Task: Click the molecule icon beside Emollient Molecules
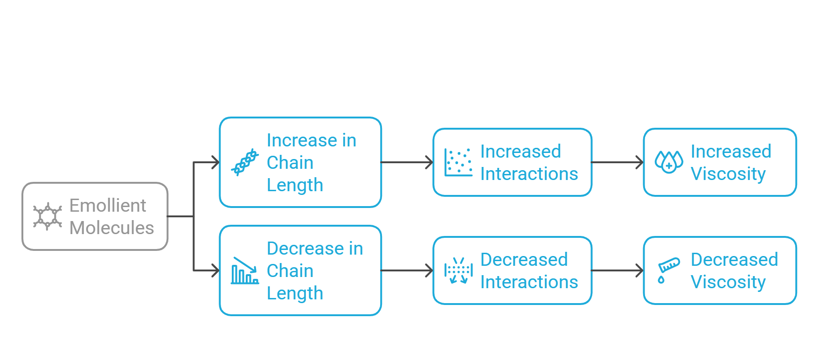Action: (47, 216)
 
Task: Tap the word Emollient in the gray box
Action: (108, 205)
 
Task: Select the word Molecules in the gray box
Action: (111, 228)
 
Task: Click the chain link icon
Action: (245, 162)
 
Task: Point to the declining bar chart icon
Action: (245, 270)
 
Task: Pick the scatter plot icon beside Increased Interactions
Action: (458, 162)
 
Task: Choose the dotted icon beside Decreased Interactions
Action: (458, 270)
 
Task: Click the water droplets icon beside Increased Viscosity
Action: (669, 162)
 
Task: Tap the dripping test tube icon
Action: (669, 270)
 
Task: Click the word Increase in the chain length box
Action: (302, 140)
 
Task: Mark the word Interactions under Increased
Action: (529, 173)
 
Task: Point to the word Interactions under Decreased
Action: (529, 282)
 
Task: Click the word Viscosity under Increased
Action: (728, 174)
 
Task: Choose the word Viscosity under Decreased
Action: (728, 283)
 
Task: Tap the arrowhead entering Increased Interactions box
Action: (430, 162)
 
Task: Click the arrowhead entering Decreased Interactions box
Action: (430, 270)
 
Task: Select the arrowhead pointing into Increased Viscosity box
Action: (640, 162)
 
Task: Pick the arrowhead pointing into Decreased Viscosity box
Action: (640, 270)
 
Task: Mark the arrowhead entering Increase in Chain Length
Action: (216, 162)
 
